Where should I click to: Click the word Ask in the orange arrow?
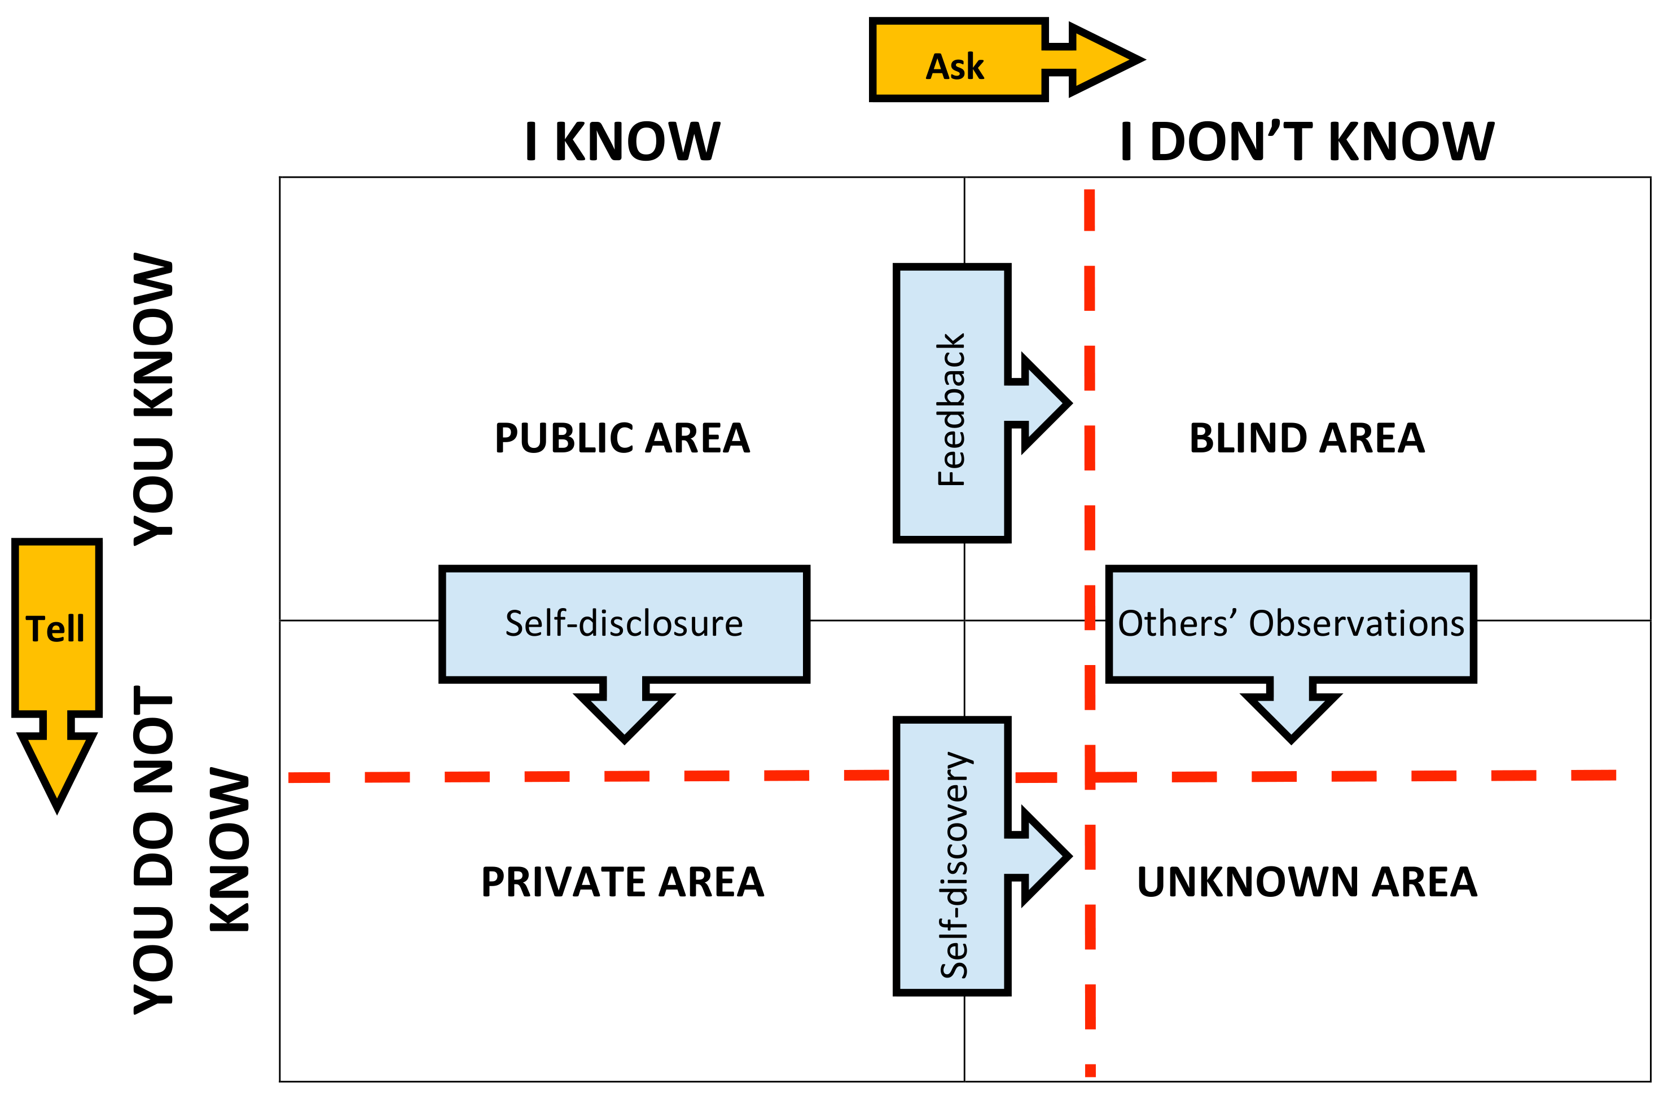[954, 67]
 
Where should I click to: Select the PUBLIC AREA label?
[622, 438]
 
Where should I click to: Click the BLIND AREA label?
[1307, 438]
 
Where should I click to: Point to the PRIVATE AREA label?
[622, 882]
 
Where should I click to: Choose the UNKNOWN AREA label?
[1307, 882]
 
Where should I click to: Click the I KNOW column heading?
[622, 141]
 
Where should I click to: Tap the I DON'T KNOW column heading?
[1307, 141]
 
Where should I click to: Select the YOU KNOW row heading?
[153, 399]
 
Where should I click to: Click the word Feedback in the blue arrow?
[951, 410]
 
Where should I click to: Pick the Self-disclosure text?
[624, 623]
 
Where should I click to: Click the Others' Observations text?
[1290, 623]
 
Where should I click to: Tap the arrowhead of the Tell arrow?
[57, 773]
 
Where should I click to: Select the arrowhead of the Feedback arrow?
[1044, 403]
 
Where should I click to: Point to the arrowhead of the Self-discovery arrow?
[1044, 856]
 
